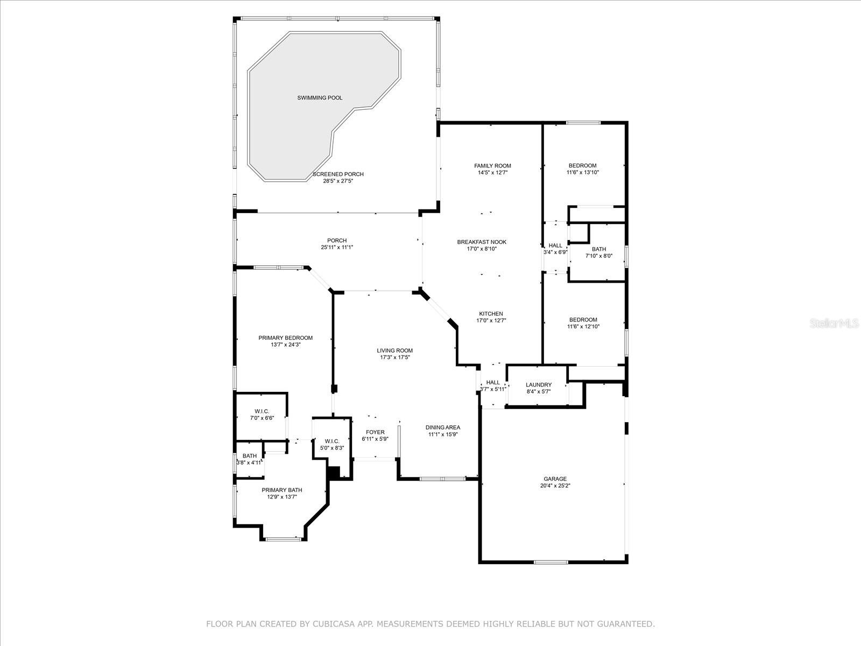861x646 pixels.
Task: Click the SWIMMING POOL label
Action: (x=320, y=97)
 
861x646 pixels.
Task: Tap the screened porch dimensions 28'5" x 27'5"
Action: (x=338, y=181)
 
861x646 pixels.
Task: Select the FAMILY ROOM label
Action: (x=492, y=165)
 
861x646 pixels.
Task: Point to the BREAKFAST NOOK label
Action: (x=482, y=242)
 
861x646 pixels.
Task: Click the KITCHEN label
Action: (x=491, y=314)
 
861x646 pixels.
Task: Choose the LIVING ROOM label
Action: (x=394, y=350)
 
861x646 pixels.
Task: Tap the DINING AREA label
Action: (x=443, y=427)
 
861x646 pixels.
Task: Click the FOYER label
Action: (x=375, y=432)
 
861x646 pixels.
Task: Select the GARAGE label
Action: (x=555, y=479)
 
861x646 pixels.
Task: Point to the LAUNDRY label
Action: (x=539, y=385)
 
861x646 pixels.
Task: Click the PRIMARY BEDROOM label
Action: (x=285, y=338)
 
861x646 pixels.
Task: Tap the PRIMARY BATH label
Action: (x=281, y=490)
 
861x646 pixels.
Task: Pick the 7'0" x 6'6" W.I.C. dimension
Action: (x=262, y=418)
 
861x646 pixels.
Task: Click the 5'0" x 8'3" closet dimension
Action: (x=332, y=448)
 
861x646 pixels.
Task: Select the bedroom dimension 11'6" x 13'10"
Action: (x=582, y=172)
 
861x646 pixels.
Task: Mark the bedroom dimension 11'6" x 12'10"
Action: (x=583, y=326)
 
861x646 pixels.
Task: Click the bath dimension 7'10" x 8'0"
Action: (x=599, y=256)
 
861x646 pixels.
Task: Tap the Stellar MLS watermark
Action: (x=834, y=324)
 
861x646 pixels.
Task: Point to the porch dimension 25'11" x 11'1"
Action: (x=337, y=247)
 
